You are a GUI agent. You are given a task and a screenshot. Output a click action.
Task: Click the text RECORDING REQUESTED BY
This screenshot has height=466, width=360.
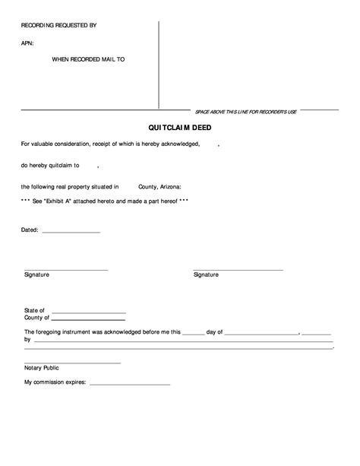(x=58, y=25)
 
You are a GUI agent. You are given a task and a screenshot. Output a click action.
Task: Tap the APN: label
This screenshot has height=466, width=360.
(x=27, y=43)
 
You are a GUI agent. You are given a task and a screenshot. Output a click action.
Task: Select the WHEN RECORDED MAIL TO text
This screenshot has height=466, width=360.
(x=87, y=59)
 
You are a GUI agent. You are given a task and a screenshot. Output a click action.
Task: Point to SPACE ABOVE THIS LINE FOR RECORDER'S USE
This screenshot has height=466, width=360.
(x=245, y=111)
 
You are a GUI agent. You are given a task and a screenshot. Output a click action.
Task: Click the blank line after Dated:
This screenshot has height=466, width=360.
(x=71, y=232)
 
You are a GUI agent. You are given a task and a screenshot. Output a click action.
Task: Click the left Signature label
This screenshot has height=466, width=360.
(x=36, y=274)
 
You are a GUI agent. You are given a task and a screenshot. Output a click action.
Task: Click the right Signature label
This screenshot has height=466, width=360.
(x=206, y=274)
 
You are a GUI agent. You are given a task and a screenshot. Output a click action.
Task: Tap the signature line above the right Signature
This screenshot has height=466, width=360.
(x=238, y=270)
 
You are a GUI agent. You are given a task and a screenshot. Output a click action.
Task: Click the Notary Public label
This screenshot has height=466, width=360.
(x=42, y=368)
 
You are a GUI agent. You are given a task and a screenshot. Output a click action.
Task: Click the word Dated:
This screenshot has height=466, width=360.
(x=30, y=229)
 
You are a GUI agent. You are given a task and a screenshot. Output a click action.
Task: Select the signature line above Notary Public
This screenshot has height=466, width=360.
(x=72, y=363)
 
